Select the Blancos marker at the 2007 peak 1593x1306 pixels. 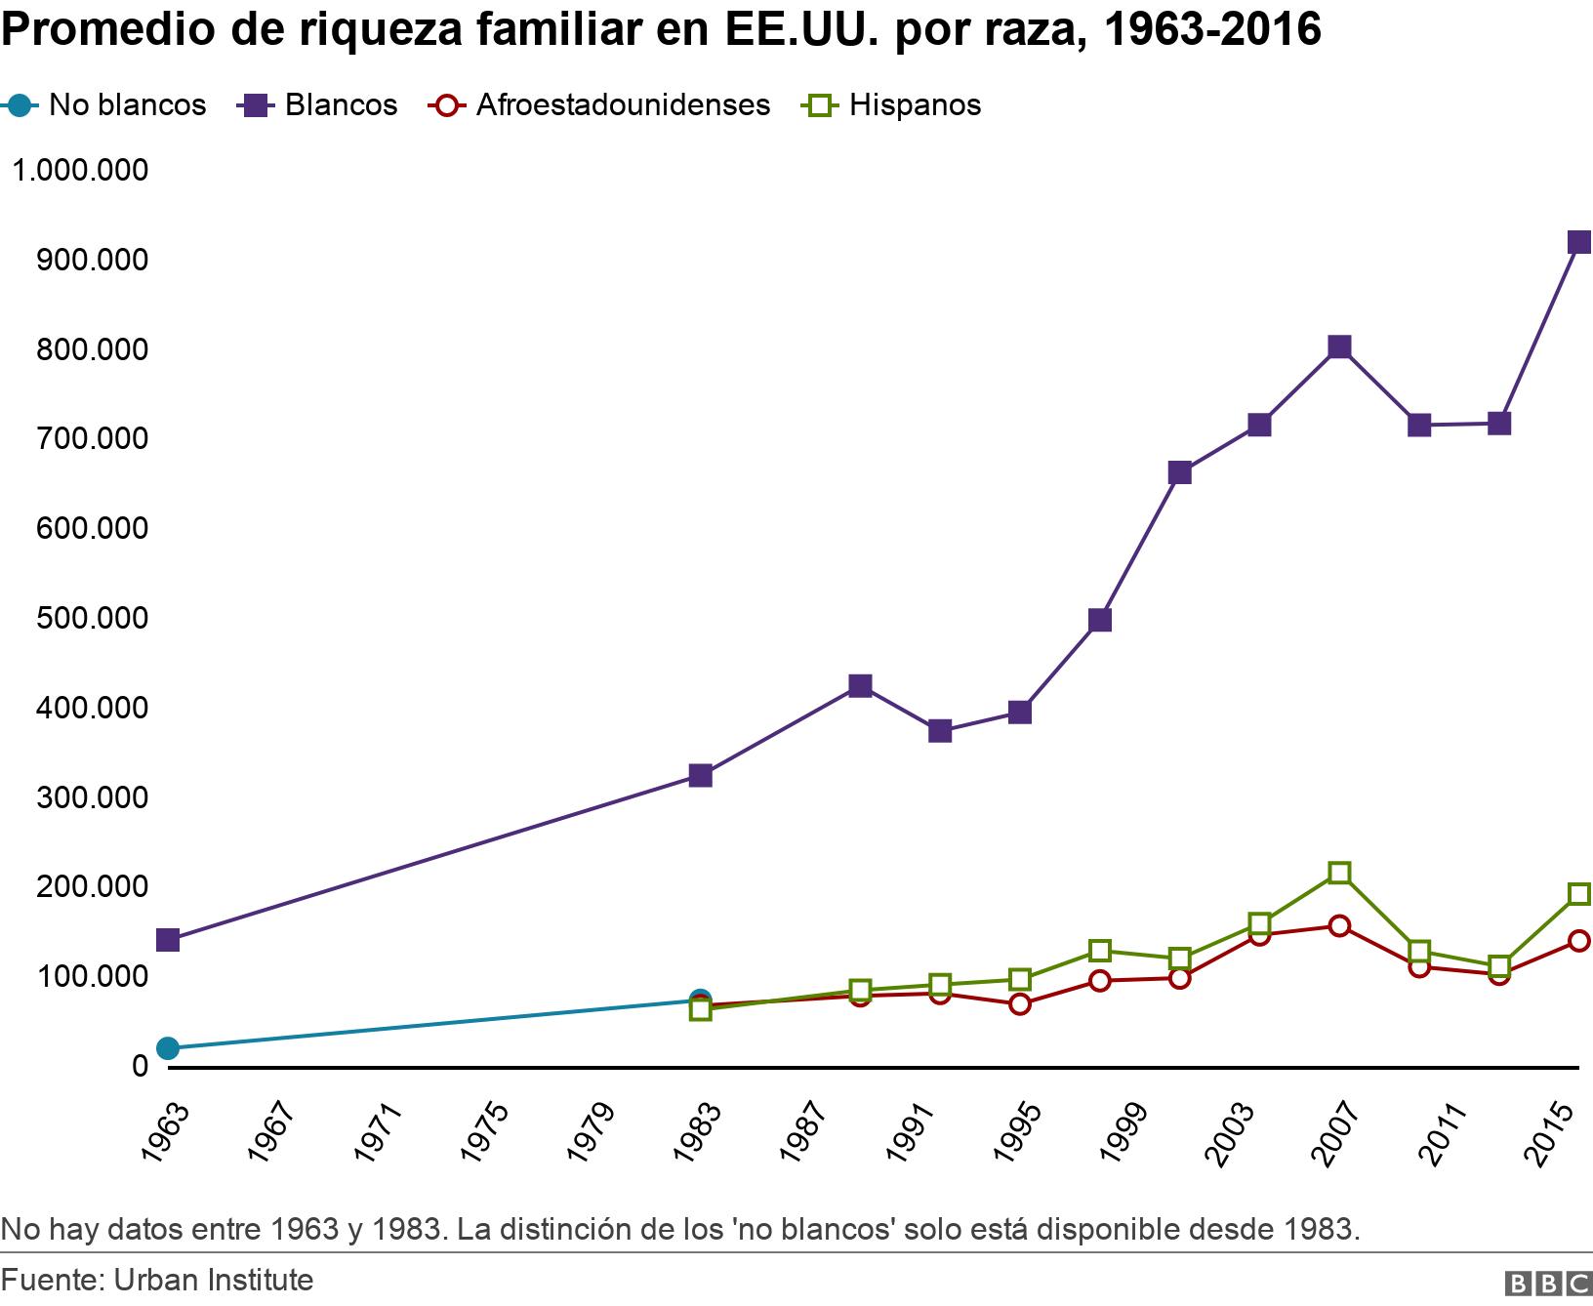1339,347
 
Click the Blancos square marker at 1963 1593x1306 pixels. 168,940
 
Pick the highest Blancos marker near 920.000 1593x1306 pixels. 1579,242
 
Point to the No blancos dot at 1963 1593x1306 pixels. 168,1048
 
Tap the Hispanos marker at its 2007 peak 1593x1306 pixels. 1339,873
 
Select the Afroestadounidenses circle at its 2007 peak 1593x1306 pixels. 1339,925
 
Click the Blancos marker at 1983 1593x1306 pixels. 700,776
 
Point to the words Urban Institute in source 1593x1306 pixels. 214,1280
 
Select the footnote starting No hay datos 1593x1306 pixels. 679,1228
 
